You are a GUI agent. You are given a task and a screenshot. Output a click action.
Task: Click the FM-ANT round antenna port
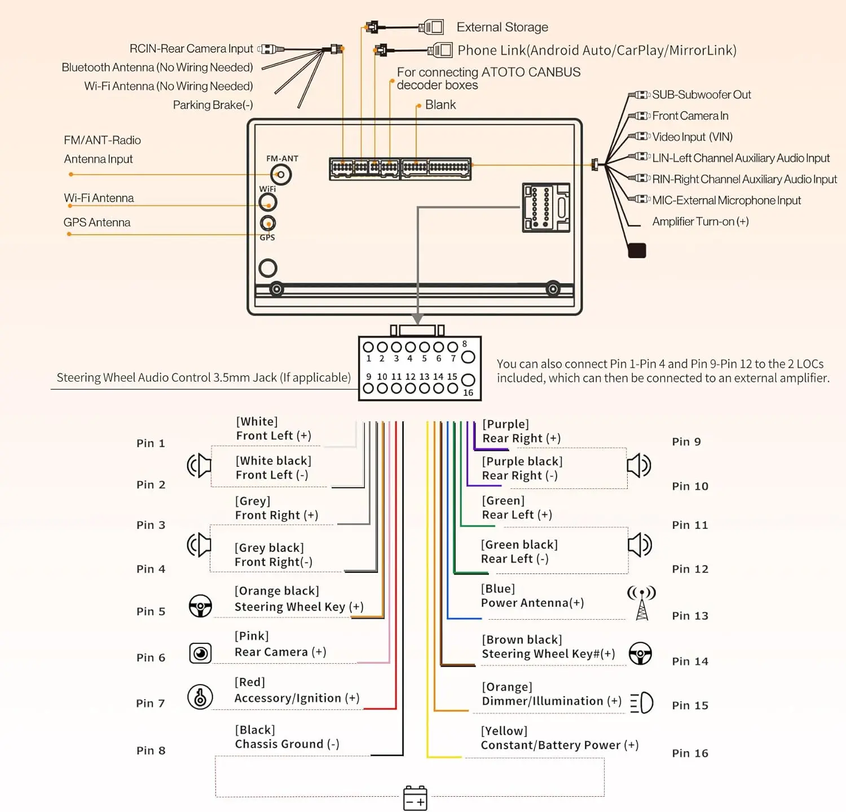(281, 175)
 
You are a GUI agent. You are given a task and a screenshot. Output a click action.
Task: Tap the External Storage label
(502, 27)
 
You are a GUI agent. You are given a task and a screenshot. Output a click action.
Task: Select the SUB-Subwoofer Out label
(702, 95)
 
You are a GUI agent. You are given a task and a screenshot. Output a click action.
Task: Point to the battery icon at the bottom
(415, 798)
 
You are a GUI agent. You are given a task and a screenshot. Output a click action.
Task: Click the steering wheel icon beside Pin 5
(200, 606)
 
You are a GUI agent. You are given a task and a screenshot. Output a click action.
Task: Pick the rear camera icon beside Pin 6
(200, 653)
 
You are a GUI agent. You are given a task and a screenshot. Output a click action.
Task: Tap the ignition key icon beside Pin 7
(200, 697)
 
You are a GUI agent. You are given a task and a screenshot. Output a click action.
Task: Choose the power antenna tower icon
(642, 603)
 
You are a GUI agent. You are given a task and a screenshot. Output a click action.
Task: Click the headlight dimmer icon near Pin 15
(642, 703)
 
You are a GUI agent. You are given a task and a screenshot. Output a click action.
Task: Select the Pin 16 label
(690, 753)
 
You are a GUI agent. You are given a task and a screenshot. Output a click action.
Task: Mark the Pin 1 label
(151, 443)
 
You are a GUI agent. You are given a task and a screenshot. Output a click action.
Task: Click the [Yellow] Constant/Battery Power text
(559, 738)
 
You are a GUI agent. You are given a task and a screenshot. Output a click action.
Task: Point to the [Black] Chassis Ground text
(287, 737)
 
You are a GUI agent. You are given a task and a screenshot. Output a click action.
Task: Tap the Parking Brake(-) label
(213, 105)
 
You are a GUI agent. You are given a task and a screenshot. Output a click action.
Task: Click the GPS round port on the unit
(268, 223)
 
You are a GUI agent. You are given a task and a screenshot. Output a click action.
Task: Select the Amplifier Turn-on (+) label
(700, 222)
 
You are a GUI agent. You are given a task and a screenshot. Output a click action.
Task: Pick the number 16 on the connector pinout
(468, 392)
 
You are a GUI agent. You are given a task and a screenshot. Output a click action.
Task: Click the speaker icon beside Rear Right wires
(639, 466)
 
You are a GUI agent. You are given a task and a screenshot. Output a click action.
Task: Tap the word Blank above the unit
(440, 105)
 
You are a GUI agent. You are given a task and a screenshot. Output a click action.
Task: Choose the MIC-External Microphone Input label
(726, 201)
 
